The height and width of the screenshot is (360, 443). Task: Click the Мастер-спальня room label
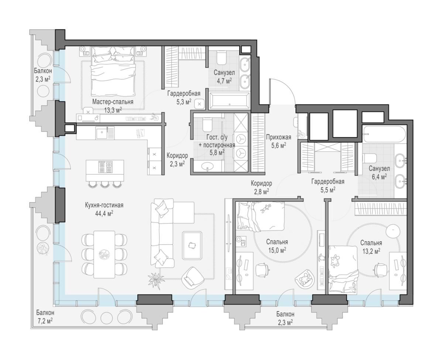click(113, 102)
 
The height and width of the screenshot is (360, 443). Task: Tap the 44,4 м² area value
click(104, 214)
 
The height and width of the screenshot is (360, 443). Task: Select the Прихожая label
click(278, 137)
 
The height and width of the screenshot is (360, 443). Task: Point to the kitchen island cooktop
click(105, 167)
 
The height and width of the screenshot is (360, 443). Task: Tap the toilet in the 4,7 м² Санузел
click(221, 58)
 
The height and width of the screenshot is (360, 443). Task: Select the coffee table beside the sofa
click(192, 246)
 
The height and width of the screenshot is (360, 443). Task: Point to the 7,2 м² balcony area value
click(45, 322)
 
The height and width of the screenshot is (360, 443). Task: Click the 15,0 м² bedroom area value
click(277, 250)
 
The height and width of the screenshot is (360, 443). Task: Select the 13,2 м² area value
click(371, 251)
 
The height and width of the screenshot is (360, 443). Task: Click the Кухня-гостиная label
click(104, 205)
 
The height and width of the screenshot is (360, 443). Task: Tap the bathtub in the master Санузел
click(229, 101)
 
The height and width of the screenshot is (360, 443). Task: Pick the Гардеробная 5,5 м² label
click(328, 186)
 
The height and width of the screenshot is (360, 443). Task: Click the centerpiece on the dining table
click(104, 255)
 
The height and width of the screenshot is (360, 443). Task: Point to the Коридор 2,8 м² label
click(261, 187)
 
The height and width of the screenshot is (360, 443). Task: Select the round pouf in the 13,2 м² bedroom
click(393, 231)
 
